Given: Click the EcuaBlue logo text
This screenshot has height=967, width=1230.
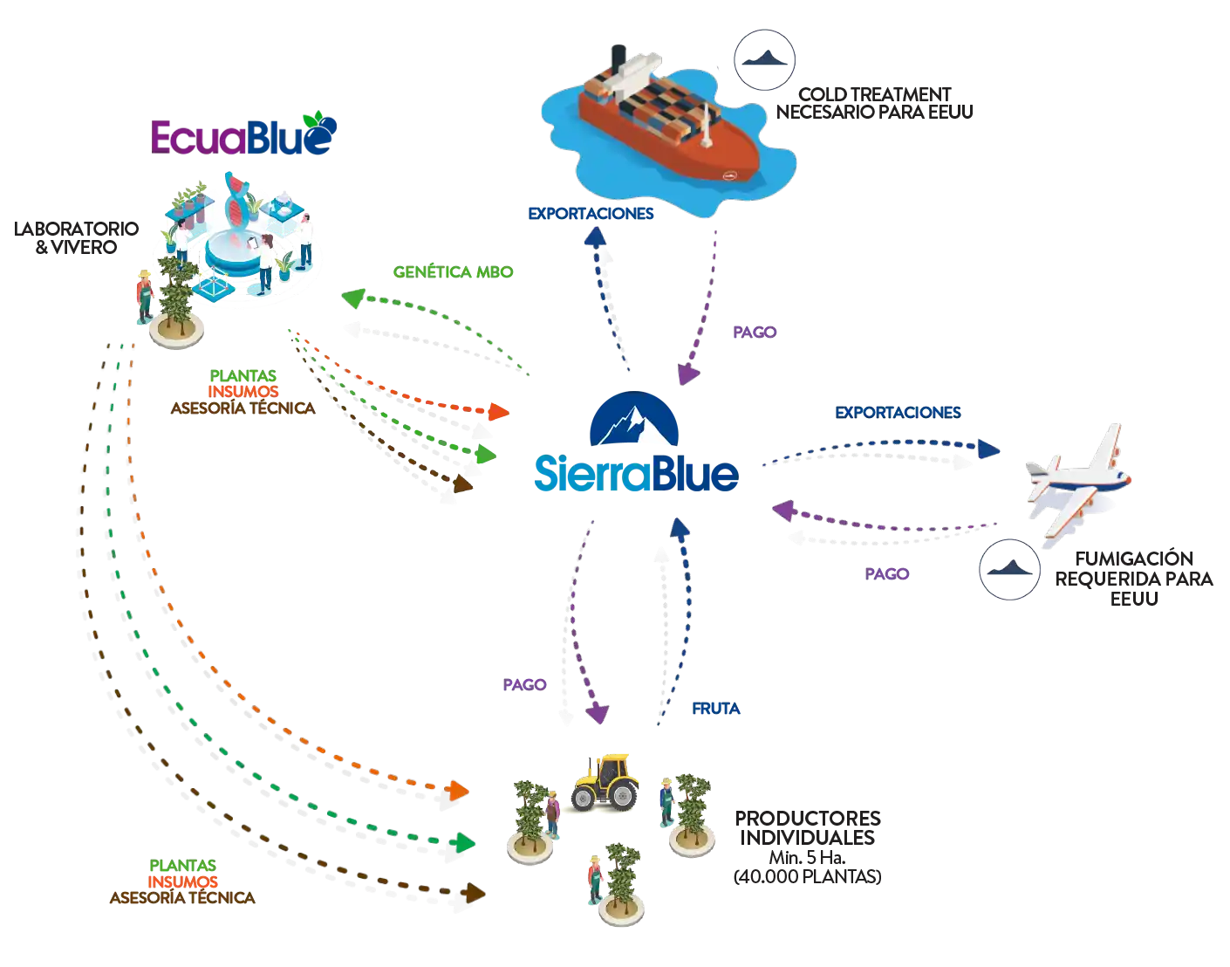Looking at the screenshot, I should point(243,137).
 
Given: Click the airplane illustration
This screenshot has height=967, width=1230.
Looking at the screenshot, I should point(1080,484).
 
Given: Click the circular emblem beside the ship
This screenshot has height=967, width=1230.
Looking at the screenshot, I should point(764,60).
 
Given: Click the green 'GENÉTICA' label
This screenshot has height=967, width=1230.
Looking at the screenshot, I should point(453,272).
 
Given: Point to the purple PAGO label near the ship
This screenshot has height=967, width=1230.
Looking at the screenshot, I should point(755,333).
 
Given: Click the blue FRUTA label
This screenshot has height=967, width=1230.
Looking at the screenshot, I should point(716,710).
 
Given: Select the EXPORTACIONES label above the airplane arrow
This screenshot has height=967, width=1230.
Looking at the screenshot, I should point(897,411).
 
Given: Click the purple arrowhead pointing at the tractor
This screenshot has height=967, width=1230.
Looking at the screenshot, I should point(599,716).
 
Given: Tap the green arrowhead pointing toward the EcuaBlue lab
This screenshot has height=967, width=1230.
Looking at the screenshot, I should point(351,298).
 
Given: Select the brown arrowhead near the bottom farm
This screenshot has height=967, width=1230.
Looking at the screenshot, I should point(475,893).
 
